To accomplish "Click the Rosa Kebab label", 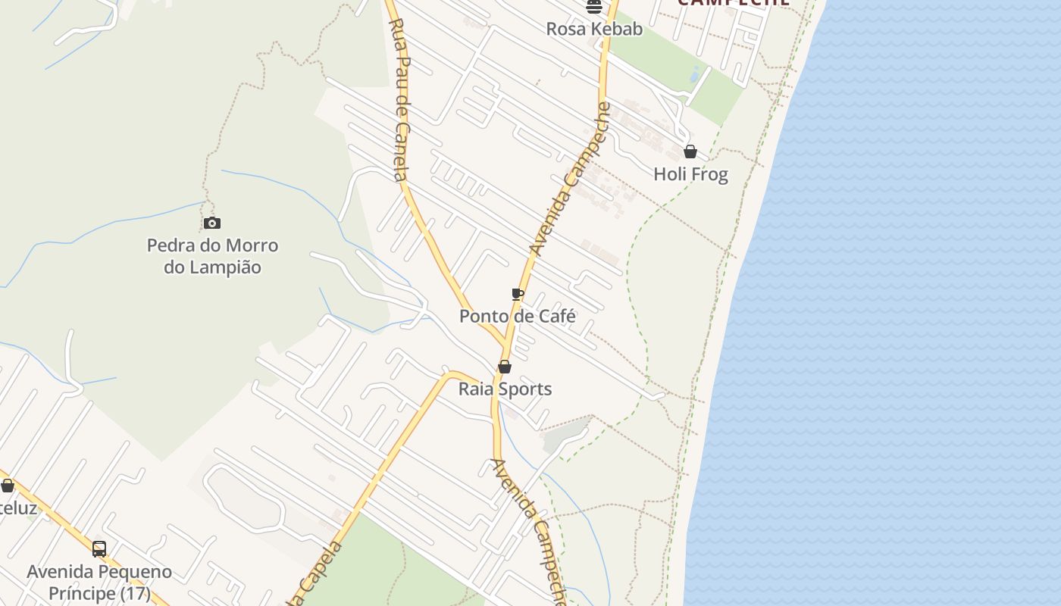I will coord(594,29).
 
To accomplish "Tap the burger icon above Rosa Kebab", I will coord(594,7).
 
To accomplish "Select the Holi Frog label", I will coord(690,174).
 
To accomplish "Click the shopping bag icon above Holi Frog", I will coord(690,151).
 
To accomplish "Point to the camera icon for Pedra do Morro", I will coord(212,223).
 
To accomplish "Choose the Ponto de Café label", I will coord(518,316).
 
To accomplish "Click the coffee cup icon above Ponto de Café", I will coord(518,294).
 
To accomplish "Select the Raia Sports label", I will coord(505,389).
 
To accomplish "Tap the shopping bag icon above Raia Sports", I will coord(505,367).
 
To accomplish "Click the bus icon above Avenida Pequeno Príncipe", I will coord(99,549).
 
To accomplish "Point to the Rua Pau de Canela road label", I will coord(399,98).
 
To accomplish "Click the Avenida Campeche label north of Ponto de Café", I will coord(570,179).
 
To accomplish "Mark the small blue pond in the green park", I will coord(695,75).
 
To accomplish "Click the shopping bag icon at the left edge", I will coord(8,486).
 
